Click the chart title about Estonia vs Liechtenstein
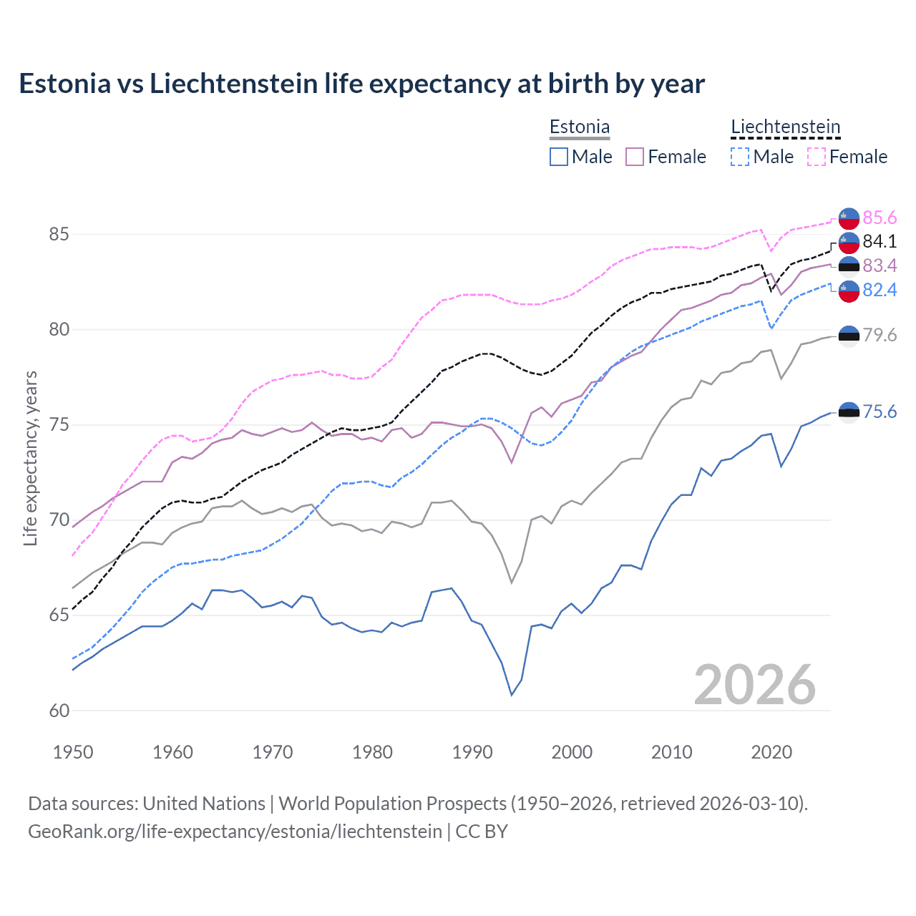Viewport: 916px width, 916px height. click(x=361, y=84)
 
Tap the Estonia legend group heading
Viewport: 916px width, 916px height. click(x=579, y=127)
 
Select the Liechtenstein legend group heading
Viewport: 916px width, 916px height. click(x=785, y=127)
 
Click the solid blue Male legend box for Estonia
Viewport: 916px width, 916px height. click(x=559, y=157)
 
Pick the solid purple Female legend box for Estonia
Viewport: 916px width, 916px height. click(x=635, y=157)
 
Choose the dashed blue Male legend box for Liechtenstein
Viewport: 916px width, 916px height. click(x=740, y=157)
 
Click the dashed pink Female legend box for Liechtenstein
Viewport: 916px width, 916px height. click(x=816, y=157)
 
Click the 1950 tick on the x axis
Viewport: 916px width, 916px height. click(x=73, y=752)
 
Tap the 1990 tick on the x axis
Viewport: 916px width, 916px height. click(x=472, y=752)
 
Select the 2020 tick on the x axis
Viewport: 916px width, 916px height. click(x=771, y=752)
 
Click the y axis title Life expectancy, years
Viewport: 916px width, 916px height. click(x=30, y=458)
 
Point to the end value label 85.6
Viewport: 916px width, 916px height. click(x=880, y=218)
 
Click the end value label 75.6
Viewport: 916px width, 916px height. click(x=880, y=411)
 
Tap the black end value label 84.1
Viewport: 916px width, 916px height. click(x=880, y=241)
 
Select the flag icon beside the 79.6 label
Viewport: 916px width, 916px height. click(x=849, y=336)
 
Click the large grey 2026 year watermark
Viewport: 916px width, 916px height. click(x=754, y=685)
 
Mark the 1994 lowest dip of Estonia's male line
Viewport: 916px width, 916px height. click(x=512, y=695)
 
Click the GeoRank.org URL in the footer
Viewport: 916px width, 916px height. click(x=235, y=832)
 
